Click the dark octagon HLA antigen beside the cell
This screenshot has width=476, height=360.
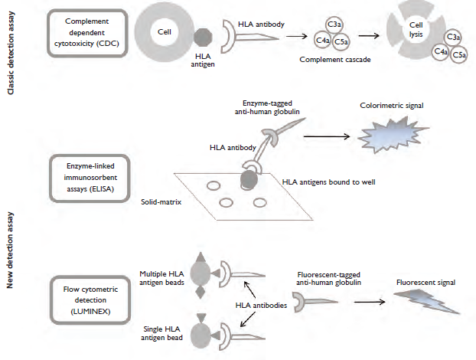coord(203,38)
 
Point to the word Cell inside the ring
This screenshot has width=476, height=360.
coord(165,32)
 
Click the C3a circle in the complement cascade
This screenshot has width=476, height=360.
coord(334,25)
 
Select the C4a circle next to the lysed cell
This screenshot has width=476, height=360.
coord(441,51)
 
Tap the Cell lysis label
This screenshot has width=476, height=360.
coord(416,30)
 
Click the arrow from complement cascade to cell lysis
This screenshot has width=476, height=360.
coord(369,36)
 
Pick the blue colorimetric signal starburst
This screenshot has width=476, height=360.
coord(392,134)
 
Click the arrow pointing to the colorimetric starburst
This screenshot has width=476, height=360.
coord(327,136)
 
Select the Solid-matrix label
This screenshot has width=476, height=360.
coord(161,202)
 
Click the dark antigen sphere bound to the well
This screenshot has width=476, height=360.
coord(249,180)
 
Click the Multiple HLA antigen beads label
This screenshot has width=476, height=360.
coord(161,278)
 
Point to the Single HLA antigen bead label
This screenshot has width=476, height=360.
coord(161,333)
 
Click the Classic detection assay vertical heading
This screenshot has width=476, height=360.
coord(11,53)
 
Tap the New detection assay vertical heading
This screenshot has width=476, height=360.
coord(10,250)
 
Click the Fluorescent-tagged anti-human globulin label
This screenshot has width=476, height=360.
coord(329,279)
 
